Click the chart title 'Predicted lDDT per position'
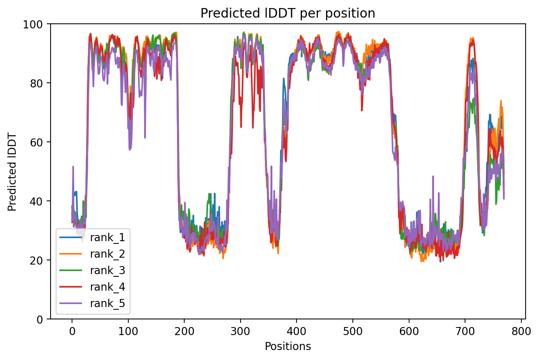pos(288,13)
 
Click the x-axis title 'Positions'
pos(288,347)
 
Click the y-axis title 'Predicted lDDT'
pos(12,171)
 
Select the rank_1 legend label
pos(107,237)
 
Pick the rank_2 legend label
pos(107,254)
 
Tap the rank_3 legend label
pos(107,270)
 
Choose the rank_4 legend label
pos(107,287)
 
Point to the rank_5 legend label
pos(107,303)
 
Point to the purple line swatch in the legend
pos(71,303)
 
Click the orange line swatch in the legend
pos(71,254)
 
